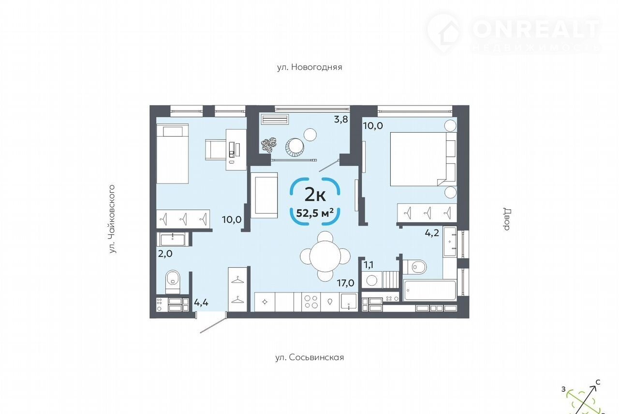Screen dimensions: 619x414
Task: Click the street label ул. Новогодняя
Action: point(309,67)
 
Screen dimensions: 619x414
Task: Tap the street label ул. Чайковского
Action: point(112,219)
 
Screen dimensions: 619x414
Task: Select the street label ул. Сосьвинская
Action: point(309,357)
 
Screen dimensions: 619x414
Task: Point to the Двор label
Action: point(507,219)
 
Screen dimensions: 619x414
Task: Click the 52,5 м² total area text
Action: point(315,213)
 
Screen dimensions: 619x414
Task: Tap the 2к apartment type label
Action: point(315,195)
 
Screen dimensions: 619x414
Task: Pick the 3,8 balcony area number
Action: point(341,120)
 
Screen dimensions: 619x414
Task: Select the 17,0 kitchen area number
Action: point(345,283)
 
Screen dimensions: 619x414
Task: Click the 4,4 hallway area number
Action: point(201,303)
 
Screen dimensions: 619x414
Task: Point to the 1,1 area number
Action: point(368,265)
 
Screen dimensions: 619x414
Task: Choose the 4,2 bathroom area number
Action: point(432,233)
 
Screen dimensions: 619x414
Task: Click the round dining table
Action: point(325,256)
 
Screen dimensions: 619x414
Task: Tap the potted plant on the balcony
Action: point(267,145)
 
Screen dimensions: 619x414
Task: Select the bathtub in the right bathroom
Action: point(430,291)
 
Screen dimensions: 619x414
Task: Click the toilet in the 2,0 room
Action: point(173,281)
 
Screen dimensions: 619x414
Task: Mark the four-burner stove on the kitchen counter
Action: point(311,302)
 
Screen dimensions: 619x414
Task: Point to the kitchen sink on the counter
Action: point(349,302)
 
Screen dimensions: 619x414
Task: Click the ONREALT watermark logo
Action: point(514,33)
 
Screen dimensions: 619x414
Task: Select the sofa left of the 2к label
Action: point(264,195)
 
